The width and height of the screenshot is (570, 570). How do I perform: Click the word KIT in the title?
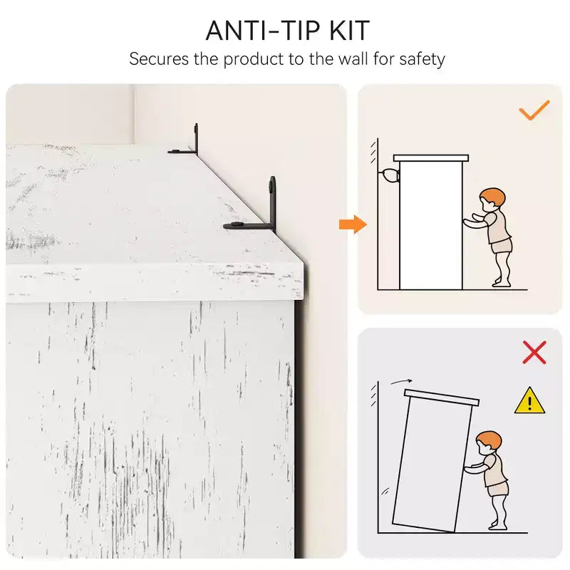[x=350, y=31]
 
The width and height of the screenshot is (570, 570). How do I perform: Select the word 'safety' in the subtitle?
[x=422, y=60]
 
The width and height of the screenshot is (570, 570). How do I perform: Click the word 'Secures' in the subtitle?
[x=159, y=59]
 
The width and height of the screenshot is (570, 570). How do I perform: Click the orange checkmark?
[x=534, y=110]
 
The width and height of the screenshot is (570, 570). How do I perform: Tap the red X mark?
[x=534, y=352]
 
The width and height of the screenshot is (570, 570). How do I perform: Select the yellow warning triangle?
[x=529, y=400]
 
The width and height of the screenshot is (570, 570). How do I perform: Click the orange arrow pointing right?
[x=353, y=224]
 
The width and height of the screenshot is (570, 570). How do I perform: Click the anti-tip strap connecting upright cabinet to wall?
[x=389, y=176]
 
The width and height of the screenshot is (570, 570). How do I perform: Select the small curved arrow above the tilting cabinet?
[x=401, y=381]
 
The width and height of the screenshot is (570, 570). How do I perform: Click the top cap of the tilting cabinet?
[x=442, y=398]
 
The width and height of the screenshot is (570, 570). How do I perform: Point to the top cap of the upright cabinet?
[x=431, y=158]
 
